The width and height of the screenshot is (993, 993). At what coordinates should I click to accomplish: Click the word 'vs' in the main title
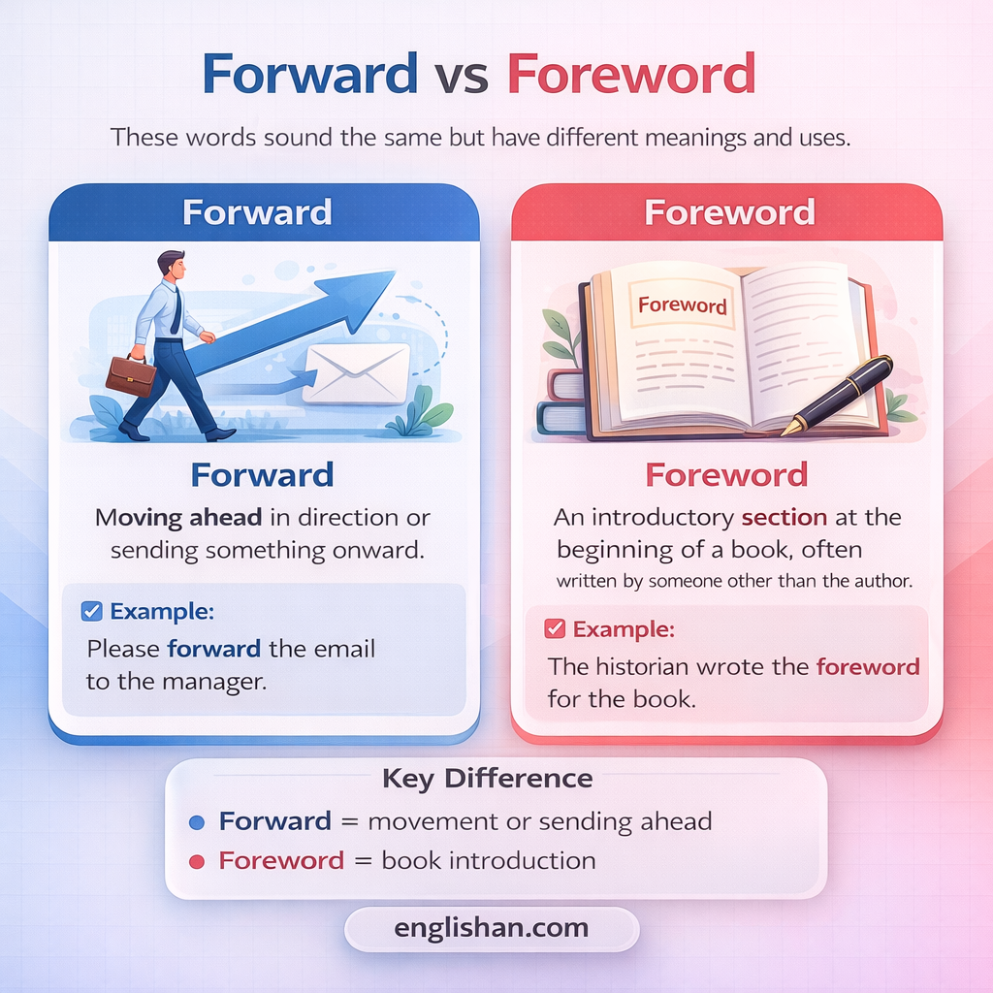[x=463, y=76]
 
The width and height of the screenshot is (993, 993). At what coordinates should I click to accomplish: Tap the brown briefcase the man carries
[x=130, y=375]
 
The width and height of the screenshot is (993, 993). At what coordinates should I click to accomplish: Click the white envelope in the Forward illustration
[x=356, y=373]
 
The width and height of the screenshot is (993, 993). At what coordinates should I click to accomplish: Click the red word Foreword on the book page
[x=683, y=304]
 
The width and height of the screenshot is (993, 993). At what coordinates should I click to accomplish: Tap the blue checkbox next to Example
[x=93, y=611]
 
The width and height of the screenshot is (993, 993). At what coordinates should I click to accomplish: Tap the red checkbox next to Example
[x=556, y=628]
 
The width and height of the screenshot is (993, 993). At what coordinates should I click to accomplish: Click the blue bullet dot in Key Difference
[x=197, y=822]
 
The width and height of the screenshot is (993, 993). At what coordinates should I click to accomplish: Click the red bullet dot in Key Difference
[x=197, y=861]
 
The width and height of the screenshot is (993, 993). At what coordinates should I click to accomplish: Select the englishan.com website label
[x=491, y=928]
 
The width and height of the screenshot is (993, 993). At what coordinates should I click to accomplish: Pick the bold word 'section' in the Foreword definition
[x=785, y=517]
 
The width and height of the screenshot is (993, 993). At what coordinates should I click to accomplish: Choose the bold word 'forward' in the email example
[x=214, y=648]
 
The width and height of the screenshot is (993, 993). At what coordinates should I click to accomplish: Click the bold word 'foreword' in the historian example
[x=868, y=666]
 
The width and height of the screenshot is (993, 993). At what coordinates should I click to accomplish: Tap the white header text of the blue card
[x=257, y=212]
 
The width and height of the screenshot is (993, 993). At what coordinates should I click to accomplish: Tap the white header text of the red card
[x=729, y=212]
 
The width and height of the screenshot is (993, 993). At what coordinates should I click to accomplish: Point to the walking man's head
[x=172, y=265]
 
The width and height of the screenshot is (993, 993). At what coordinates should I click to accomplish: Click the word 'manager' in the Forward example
[x=215, y=681]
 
